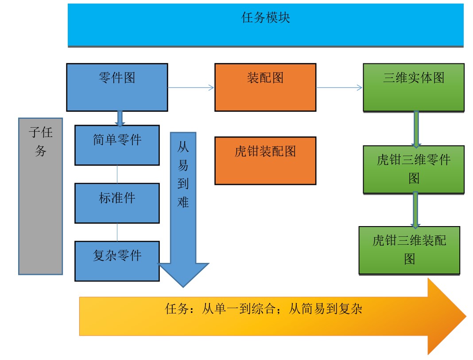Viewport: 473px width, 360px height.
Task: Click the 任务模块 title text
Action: click(x=265, y=18)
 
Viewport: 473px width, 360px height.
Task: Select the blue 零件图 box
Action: click(x=117, y=87)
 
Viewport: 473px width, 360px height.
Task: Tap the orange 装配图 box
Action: click(x=265, y=87)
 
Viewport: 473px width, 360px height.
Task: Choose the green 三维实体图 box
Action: click(x=414, y=88)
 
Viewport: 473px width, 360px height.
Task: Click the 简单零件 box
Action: click(x=117, y=145)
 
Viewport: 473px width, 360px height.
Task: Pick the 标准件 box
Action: click(x=117, y=203)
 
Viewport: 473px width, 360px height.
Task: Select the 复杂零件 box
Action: click(x=117, y=261)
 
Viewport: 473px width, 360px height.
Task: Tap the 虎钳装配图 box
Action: click(x=265, y=160)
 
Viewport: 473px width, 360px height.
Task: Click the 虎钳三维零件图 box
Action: click(x=414, y=170)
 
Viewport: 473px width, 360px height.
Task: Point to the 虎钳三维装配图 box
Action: click(x=409, y=250)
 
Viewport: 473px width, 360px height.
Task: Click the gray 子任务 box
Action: click(x=40, y=196)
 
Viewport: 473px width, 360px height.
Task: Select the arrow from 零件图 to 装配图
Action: click(x=191, y=88)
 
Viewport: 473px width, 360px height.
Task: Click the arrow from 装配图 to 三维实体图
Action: click(x=339, y=88)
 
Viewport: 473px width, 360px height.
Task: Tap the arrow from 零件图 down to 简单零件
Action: click(x=120, y=118)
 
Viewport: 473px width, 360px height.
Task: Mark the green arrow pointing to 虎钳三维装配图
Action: click(x=415, y=210)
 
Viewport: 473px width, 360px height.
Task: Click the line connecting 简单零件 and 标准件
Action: click(x=117, y=174)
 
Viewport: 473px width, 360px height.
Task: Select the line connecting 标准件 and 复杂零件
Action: click(x=117, y=232)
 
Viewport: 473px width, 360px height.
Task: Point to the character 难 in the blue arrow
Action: click(x=183, y=202)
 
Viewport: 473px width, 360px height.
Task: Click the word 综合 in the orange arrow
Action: click(x=264, y=309)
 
